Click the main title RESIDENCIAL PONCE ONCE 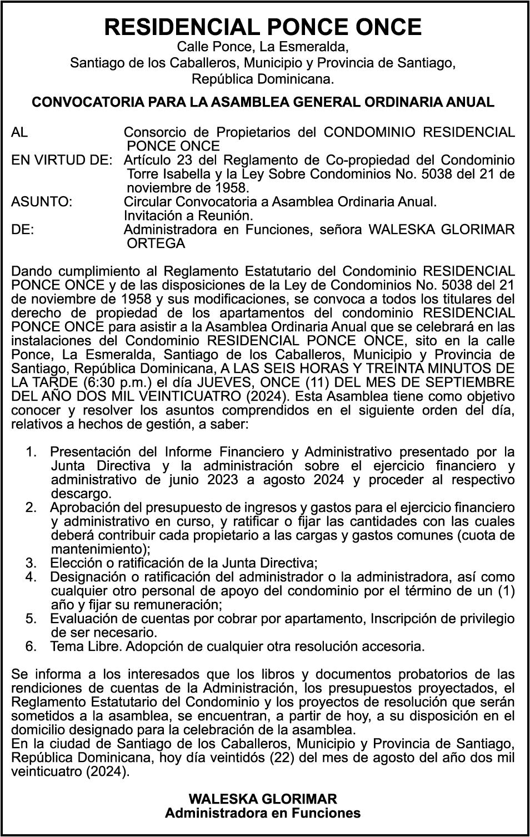(x=263, y=26)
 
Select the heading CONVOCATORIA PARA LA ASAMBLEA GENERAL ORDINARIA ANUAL (x=263, y=102)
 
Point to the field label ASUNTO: (x=42, y=201)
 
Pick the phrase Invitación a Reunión (x=188, y=215)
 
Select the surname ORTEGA (x=156, y=243)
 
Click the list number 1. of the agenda (x=31, y=452)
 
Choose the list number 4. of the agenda (x=31, y=577)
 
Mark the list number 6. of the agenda (x=31, y=646)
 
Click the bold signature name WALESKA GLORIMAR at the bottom (x=263, y=799)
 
